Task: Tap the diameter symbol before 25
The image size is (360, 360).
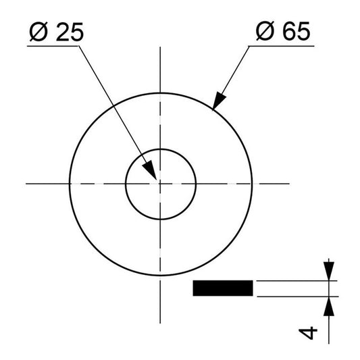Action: point(39,32)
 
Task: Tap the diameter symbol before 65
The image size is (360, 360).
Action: point(265,32)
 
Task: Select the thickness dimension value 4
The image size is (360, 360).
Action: point(309,332)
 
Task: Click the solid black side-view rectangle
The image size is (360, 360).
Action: point(223,288)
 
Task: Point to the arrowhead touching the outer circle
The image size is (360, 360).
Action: point(217,102)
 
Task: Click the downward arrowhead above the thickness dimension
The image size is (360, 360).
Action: point(329,272)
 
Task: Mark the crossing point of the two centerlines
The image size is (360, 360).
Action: point(160,182)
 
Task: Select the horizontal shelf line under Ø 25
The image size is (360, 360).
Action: point(56,45)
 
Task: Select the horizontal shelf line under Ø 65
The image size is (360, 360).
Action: point(282,45)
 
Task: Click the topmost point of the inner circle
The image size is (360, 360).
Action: point(160,148)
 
